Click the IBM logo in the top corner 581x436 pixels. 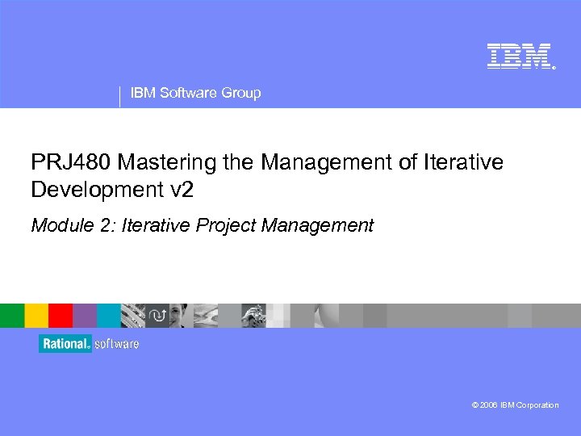(x=519, y=56)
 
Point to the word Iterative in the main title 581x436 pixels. (x=462, y=163)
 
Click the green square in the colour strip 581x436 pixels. (x=12, y=315)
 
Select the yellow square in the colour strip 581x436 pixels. (x=36, y=315)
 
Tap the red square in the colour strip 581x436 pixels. (x=61, y=315)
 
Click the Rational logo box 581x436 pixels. (x=65, y=344)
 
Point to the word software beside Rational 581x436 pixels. (x=117, y=344)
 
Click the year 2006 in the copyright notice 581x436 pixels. (x=487, y=405)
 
